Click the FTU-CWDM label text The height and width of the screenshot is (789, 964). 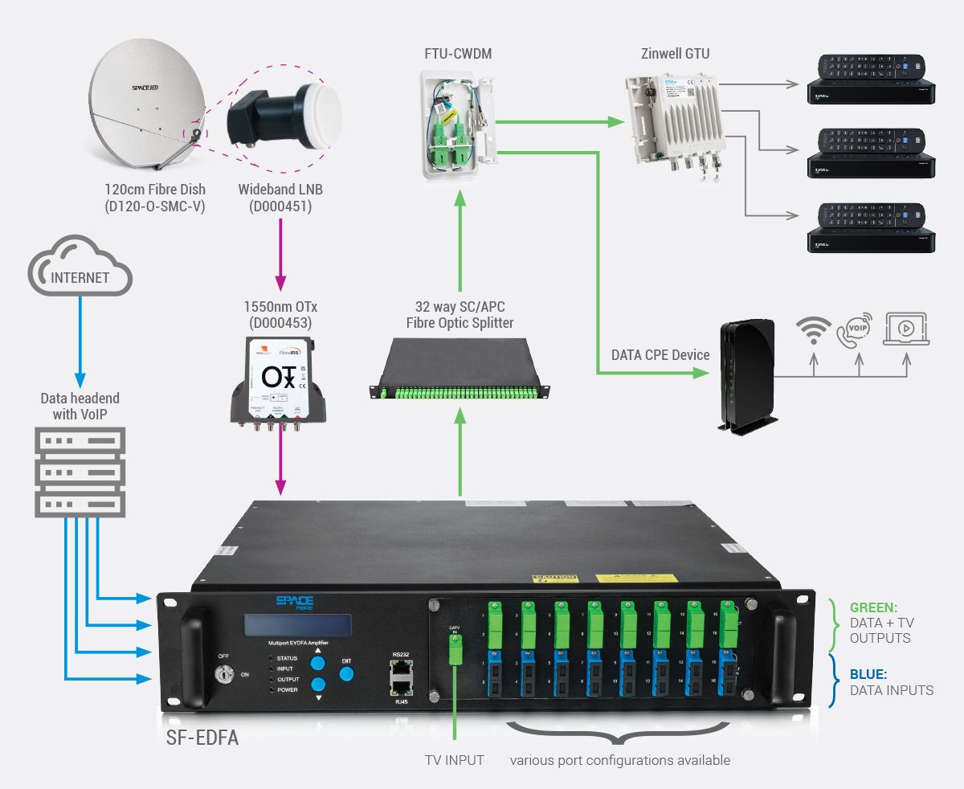(458, 55)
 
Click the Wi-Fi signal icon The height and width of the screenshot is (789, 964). (814, 330)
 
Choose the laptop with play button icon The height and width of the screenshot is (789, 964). (905, 330)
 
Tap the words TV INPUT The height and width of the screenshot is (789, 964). (454, 759)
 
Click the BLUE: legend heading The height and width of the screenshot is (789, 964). (868, 675)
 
